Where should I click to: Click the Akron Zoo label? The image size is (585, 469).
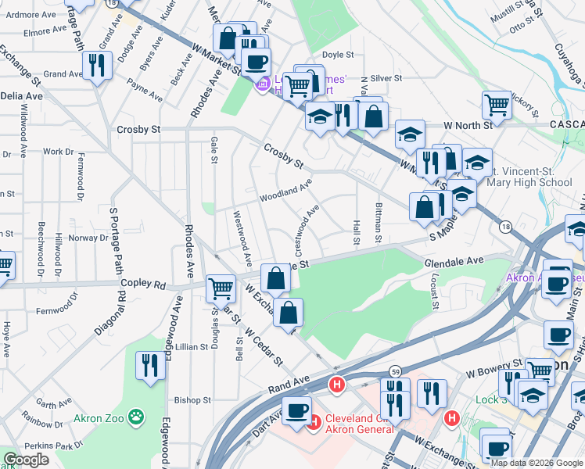pyautogui.click(x=100, y=417)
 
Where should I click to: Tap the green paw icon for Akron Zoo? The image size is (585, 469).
pyautogui.click(x=138, y=417)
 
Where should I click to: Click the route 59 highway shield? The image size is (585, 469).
pyautogui.click(x=397, y=371)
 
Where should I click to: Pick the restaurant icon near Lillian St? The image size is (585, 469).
pyautogui.click(x=149, y=364)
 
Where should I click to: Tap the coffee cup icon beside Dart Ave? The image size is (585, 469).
pyautogui.click(x=296, y=410)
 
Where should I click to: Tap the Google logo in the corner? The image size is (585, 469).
pyautogui.click(x=27, y=460)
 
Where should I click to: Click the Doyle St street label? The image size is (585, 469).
pyautogui.click(x=339, y=55)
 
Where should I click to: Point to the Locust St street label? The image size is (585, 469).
pyautogui.click(x=436, y=295)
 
